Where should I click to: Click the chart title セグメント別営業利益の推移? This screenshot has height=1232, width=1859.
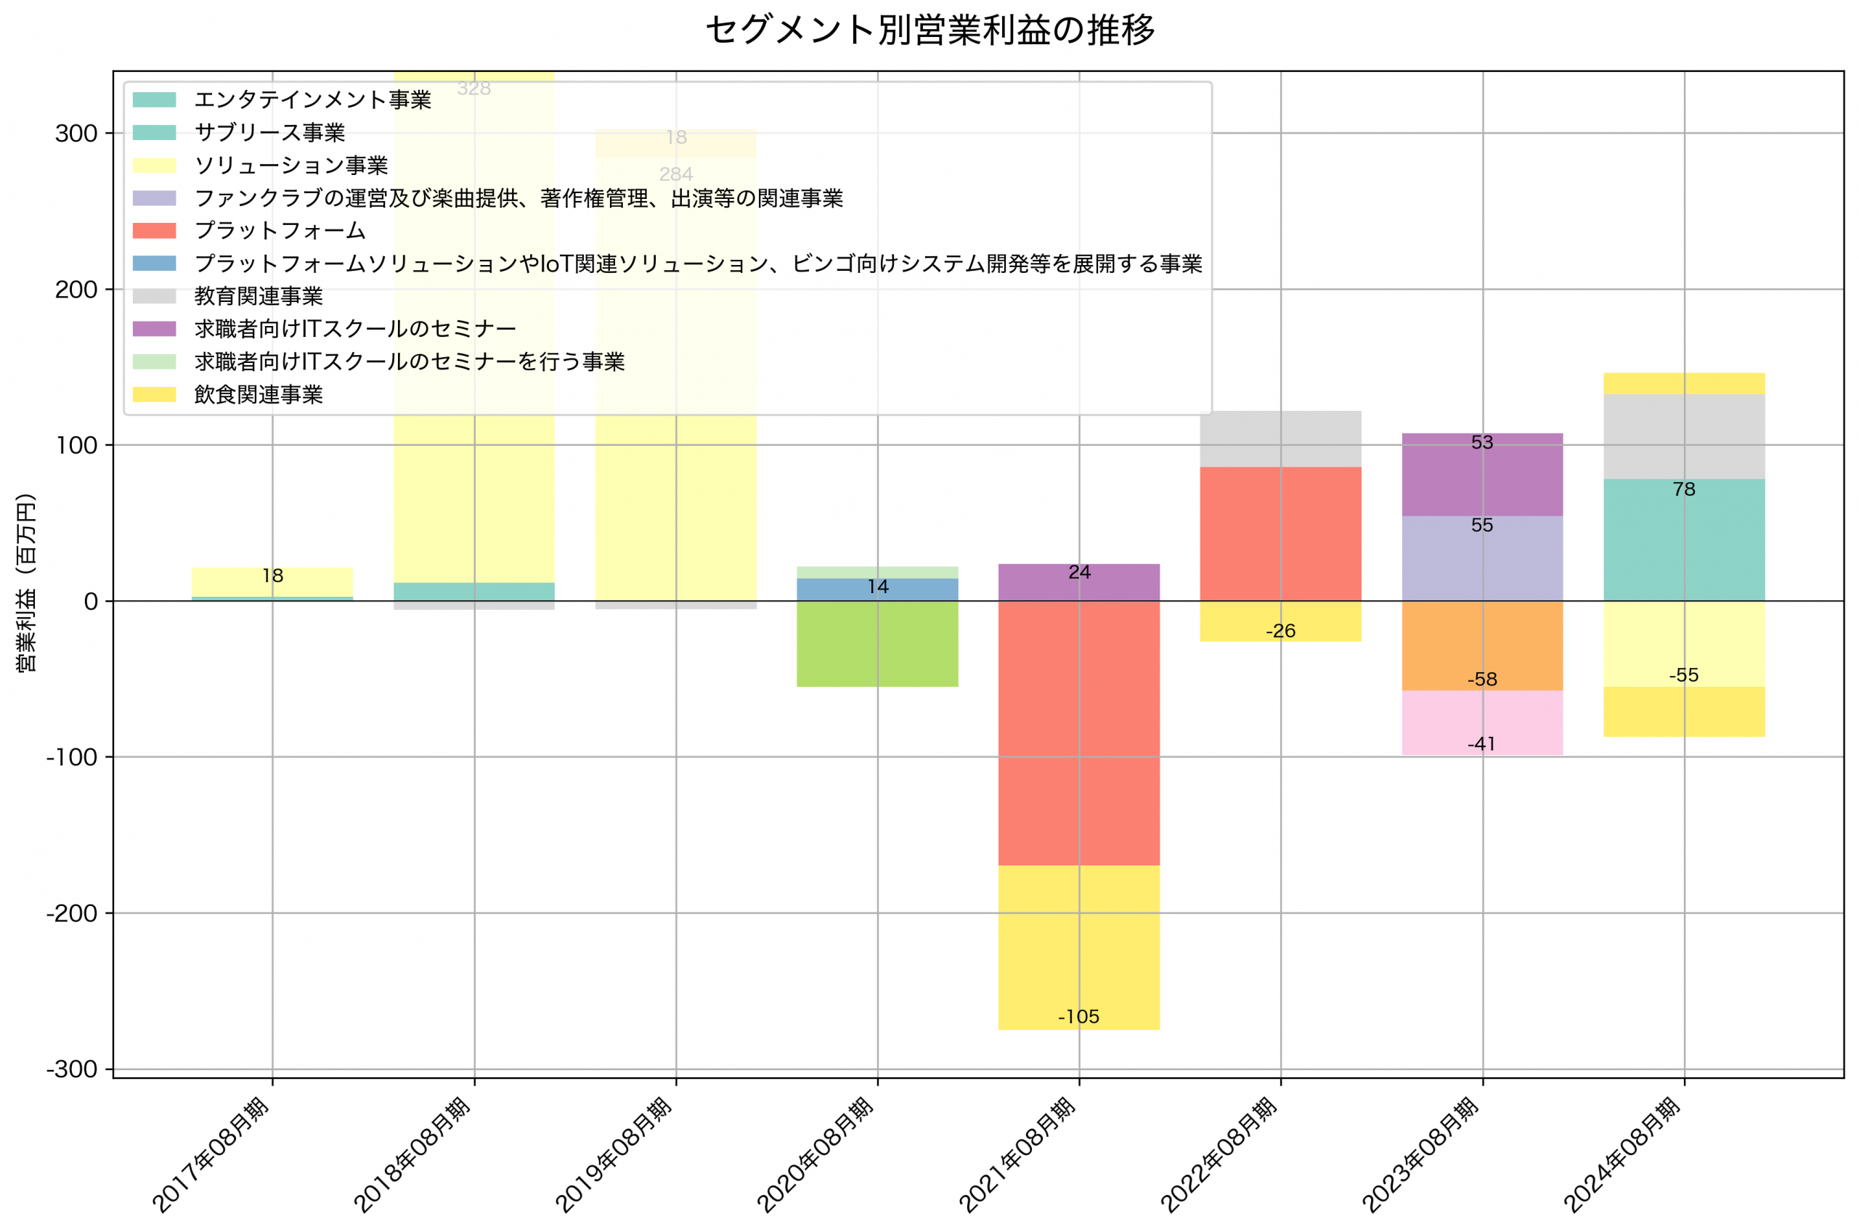929,30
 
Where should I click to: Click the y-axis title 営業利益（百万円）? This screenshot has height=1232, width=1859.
26,582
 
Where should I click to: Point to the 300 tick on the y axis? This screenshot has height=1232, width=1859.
76,134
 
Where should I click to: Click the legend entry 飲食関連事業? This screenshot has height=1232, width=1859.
259,394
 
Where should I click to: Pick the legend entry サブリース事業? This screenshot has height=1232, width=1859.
269,132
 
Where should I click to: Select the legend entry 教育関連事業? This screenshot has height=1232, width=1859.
259,296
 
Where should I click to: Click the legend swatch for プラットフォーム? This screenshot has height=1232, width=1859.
154,230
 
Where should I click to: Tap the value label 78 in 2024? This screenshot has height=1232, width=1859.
1683,489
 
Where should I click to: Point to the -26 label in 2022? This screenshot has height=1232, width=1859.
1280,631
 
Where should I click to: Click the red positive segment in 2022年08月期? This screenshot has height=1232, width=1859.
1280,534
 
